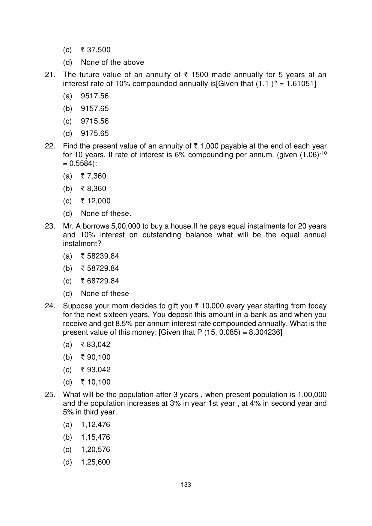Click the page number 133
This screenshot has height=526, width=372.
coord(186,485)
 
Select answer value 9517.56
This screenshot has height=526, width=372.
coord(95,96)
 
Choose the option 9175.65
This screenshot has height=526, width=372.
coord(95,133)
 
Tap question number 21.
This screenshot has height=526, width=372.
coord(50,75)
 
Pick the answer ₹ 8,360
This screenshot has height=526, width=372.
coord(94,189)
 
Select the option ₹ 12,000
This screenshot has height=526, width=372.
coord(96,201)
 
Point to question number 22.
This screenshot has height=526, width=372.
coord(50,146)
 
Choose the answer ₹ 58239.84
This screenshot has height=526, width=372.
coord(100,256)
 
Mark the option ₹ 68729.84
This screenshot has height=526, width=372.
coord(100,281)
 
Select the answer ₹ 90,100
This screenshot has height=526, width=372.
coord(96,357)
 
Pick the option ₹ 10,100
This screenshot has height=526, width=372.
coord(96,382)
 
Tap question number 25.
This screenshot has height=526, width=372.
coord(50,395)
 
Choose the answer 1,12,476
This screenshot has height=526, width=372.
coord(96,425)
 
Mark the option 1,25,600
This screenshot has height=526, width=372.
coord(96,462)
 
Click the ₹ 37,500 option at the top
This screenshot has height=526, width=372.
coord(96,50)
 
